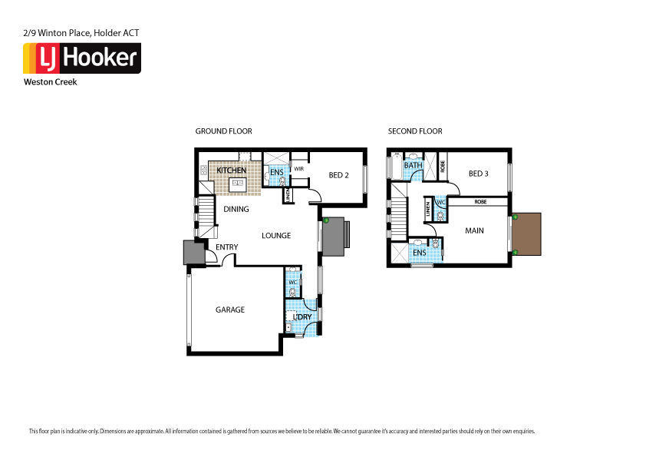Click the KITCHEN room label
[x=231, y=171]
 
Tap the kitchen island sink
[x=237, y=184]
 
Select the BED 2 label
[x=339, y=175]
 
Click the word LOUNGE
[x=275, y=235]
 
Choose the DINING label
[x=236, y=209]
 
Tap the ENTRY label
[x=226, y=247]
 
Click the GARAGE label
[x=229, y=310]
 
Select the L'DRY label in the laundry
[x=302, y=316]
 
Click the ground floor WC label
[x=292, y=283]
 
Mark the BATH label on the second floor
[x=414, y=165]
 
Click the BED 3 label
[x=477, y=174]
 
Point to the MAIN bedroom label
[x=474, y=230]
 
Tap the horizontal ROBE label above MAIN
[x=480, y=201]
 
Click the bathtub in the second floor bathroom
[x=396, y=165]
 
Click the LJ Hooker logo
[x=81, y=58]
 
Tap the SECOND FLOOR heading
[x=415, y=131]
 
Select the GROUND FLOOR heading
[x=223, y=131]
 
